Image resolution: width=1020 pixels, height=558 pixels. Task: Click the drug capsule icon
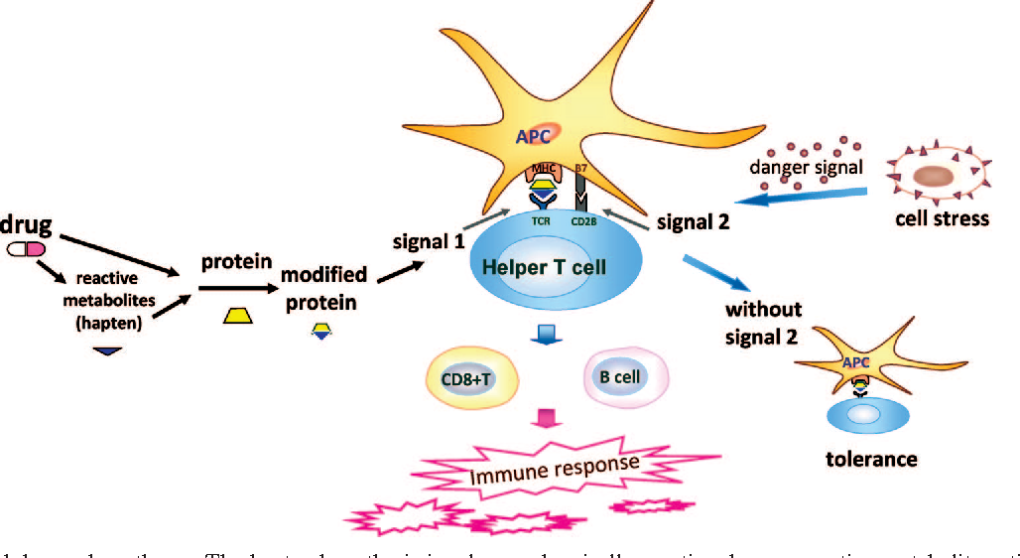point(26,250)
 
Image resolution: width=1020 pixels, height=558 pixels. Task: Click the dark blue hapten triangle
point(106,349)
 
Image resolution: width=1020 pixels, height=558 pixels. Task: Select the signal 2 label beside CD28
point(694,222)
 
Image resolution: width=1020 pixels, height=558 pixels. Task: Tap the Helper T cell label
point(545,267)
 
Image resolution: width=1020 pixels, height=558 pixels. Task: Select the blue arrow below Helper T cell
point(544,336)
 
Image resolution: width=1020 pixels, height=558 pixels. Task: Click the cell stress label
point(942,217)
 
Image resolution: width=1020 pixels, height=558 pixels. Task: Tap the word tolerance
point(871,459)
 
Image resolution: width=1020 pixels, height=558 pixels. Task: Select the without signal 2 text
point(762,323)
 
